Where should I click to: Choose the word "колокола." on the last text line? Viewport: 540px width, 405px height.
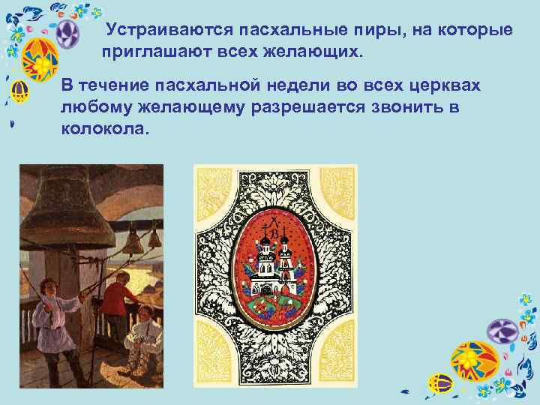105,128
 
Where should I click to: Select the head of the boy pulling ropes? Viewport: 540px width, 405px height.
49,289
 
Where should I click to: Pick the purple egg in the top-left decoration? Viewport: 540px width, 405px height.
69,34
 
